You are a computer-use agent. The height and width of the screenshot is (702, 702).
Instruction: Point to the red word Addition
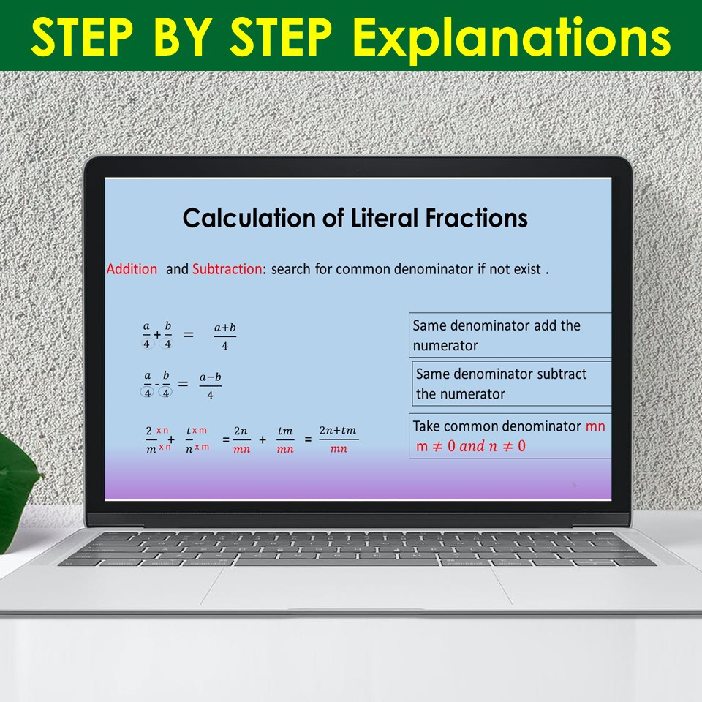pyautogui.click(x=132, y=269)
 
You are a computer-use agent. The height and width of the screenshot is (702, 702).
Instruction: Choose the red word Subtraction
pyautogui.click(x=227, y=269)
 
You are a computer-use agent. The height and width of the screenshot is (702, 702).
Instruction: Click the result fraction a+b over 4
pyautogui.click(x=224, y=336)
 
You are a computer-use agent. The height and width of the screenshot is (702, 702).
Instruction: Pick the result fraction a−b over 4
pyautogui.click(x=211, y=385)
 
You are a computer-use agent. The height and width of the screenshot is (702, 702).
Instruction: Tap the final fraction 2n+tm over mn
pyautogui.click(x=338, y=439)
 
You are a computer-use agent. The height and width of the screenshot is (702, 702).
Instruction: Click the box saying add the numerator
pyautogui.click(x=510, y=336)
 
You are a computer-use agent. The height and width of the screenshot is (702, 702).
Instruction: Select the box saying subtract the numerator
pyautogui.click(x=512, y=384)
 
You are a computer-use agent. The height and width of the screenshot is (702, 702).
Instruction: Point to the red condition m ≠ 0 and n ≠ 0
pyautogui.click(x=471, y=446)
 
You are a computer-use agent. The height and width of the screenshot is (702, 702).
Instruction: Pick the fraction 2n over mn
pyautogui.click(x=242, y=440)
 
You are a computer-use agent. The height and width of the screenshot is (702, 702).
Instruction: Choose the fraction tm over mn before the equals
pyautogui.click(x=285, y=440)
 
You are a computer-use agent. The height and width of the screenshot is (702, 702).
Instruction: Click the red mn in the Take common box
pyautogui.click(x=595, y=426)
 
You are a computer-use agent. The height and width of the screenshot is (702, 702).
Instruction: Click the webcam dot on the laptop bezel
pyautogui.click(x=358, y=170)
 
